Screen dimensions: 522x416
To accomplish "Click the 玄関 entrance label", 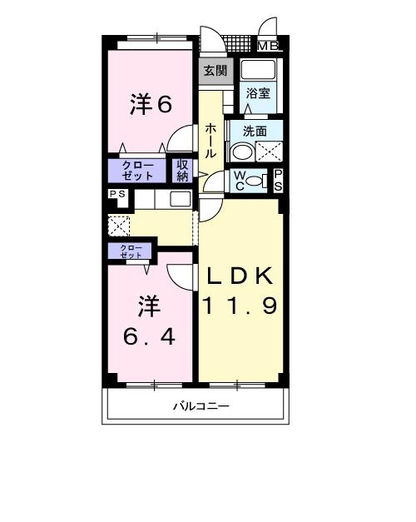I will coord(214,71).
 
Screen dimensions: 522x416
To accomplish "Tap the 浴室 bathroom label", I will coord(258,94).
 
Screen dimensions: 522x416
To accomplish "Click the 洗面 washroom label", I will coord(255,131).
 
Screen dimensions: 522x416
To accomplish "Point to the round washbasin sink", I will coord(240,152).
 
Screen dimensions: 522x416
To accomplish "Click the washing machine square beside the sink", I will coord(268,152).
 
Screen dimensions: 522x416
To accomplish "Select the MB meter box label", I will coord(267,47).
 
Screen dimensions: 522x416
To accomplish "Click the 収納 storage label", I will coord(182,171).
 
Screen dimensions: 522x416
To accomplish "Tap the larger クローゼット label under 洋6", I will coord(137,171).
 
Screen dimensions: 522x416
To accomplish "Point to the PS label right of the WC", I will coord(278,180).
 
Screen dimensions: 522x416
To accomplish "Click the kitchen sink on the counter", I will coord(180,199).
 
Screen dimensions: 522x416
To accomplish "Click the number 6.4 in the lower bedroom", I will coord(151,339).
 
